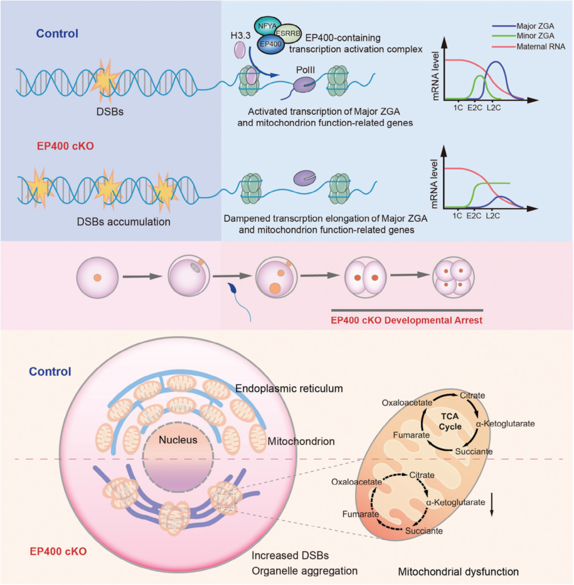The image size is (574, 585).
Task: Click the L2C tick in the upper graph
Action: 494,107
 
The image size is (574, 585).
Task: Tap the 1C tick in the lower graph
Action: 457,214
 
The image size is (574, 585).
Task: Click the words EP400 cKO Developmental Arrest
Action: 407,320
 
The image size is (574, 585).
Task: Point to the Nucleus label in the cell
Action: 178,440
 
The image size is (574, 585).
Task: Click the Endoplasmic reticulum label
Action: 289,389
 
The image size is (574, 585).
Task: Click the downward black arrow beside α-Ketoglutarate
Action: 491,505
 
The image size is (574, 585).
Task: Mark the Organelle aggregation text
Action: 305,571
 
